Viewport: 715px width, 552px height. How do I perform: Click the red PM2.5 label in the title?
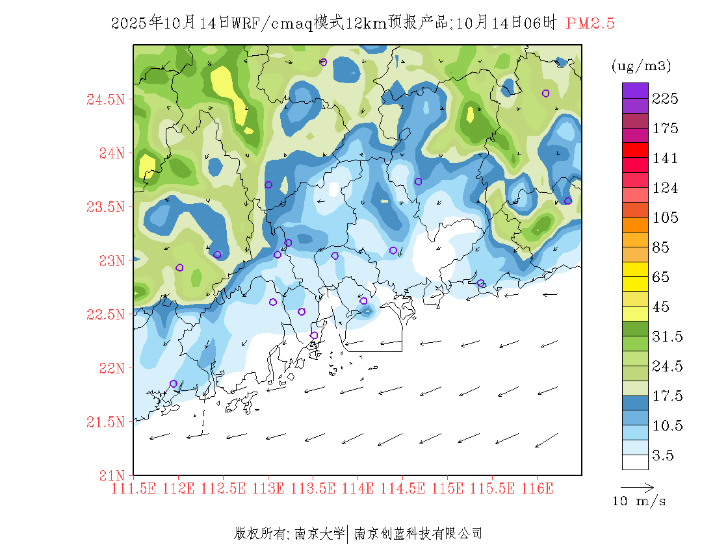[590, 24]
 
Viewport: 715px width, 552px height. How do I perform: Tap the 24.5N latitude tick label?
[107, 100]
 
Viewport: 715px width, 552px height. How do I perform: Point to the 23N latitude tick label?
[110, 260]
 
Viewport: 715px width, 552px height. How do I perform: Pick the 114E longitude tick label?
[357, 488]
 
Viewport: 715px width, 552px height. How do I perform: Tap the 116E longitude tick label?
[537, 488]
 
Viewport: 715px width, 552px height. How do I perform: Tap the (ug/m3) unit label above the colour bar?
[642, 66]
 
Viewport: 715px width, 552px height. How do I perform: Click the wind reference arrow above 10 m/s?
[636, 486]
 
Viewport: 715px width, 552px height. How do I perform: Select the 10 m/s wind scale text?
[640, 501]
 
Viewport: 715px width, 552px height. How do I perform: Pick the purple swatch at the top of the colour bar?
[635, 90]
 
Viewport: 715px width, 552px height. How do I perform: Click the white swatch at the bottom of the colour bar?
[635, 462]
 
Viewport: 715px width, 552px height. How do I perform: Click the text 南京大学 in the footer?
[319, 534]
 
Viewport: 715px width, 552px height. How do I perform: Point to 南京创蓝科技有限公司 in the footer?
[418, 534]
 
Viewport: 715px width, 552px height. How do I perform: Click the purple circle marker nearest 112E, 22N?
[173, 384]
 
